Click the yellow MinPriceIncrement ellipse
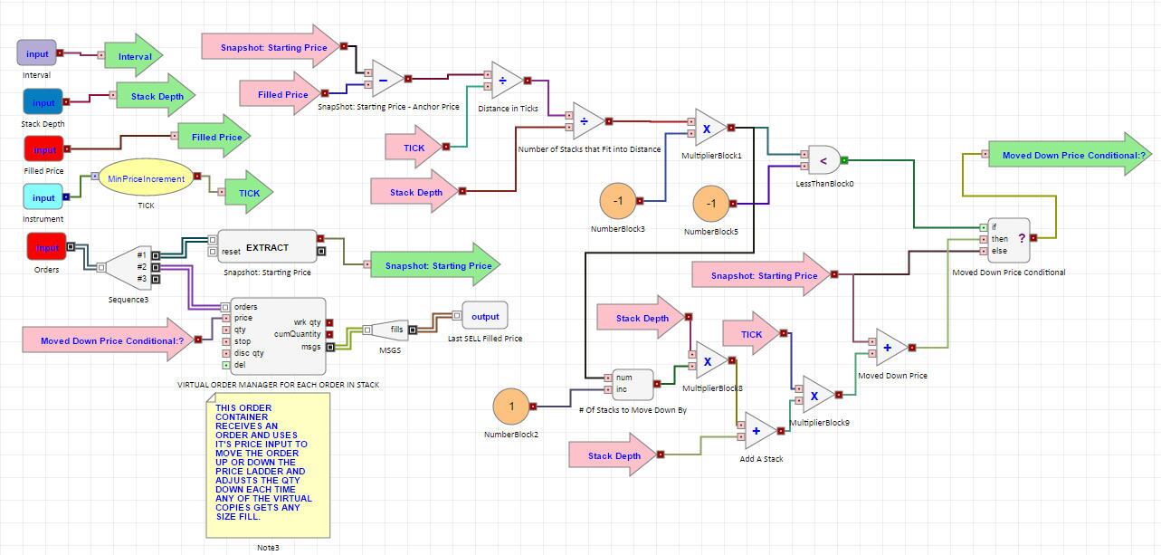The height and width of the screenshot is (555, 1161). click(x=147, y=178)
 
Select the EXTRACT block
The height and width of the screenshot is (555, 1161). click(x=267, y=246)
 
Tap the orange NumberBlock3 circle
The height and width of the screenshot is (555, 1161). click(x=618, y=201)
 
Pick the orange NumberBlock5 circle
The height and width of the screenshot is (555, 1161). click(x=711, y=204)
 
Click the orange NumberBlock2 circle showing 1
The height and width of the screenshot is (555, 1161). click(x=511, y=407)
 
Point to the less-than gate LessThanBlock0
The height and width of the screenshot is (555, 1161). click(x=823, y=160)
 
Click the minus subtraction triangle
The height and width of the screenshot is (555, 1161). click(x=386, y=80)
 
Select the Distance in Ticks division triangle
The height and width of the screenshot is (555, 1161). click(x=507, y=81)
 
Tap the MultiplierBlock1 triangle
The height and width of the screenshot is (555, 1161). click(x=710, y=129)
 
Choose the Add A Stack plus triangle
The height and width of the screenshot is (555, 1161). click(x=760, y=431)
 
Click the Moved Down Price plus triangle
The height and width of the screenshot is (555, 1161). click(x=891, y=348)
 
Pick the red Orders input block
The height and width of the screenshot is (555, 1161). click(x=47, y=247)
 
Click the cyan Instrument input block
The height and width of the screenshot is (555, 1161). click(x=43, y=197)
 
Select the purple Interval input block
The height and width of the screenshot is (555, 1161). click(x=37, y=53)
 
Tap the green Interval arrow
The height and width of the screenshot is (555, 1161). click(x=134, y=56)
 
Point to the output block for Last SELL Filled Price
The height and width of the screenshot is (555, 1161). click(x=485, y=316)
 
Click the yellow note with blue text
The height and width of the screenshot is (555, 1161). click(x=268, y=465)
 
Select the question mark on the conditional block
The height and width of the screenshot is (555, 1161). click(x=1022, y=238)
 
